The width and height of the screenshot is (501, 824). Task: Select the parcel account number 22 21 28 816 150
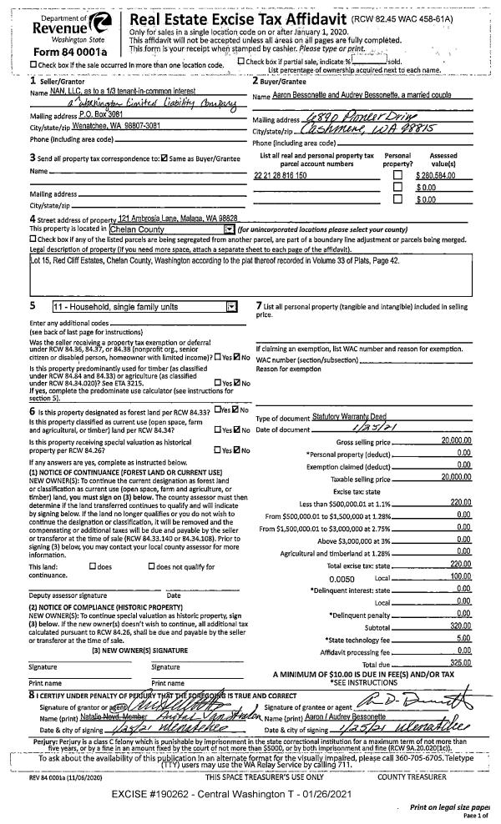coord(281,176)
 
